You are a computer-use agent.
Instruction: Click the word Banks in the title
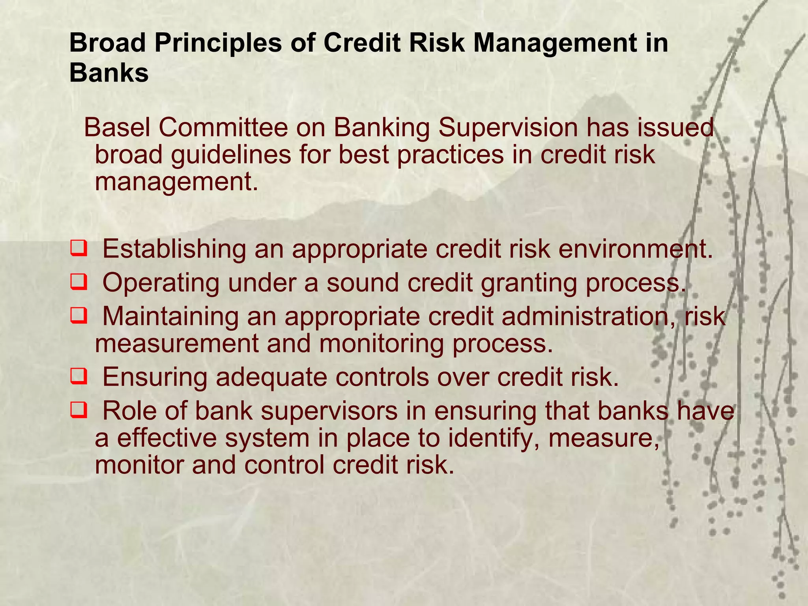(109, 73)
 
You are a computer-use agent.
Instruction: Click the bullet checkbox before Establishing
(79, 250)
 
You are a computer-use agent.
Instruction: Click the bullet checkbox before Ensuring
(79, 377)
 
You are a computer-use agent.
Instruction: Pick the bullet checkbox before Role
(79, 411)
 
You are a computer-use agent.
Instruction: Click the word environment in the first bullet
(635, 249)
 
